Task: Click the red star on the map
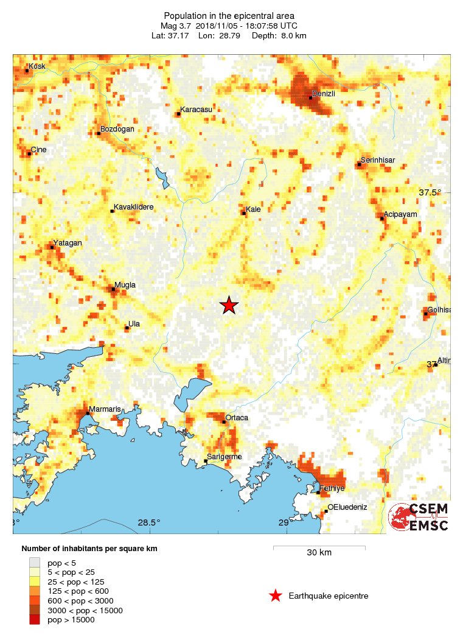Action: (x=229, y=305)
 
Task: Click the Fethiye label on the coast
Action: (x=332, y=488)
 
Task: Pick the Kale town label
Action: (x=253, y=209)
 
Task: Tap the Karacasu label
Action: (x=196, y=109)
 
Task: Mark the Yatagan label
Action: (x=68, y=242)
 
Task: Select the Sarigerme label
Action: (x=225, y=457)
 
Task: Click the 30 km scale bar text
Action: (x=319, y=553)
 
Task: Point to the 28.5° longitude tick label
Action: (x=148, y=523)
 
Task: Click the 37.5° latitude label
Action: (x=430, y=192)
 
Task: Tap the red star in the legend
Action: (x=276, y=596)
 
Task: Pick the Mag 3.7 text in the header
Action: (x=176, y=26)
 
